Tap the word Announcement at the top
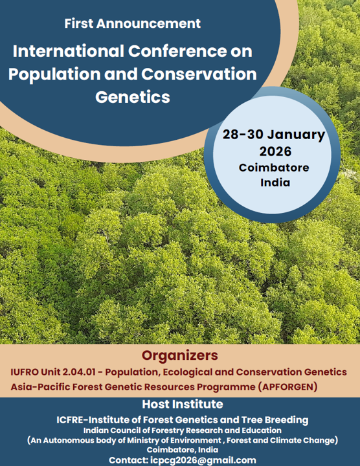click(148, 23)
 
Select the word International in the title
click(69, 51)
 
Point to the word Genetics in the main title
click(133, 97)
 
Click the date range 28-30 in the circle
click(243, 135)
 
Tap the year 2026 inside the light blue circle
click(275, 151)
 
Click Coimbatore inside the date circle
click(274, 168)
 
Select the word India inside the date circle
click(275, 182)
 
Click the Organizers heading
click(180, 355)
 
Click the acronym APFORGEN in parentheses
click(287, 387)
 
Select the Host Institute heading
click(183, 404)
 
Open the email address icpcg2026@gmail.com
click(203, 460)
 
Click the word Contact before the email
click(129, 460)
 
